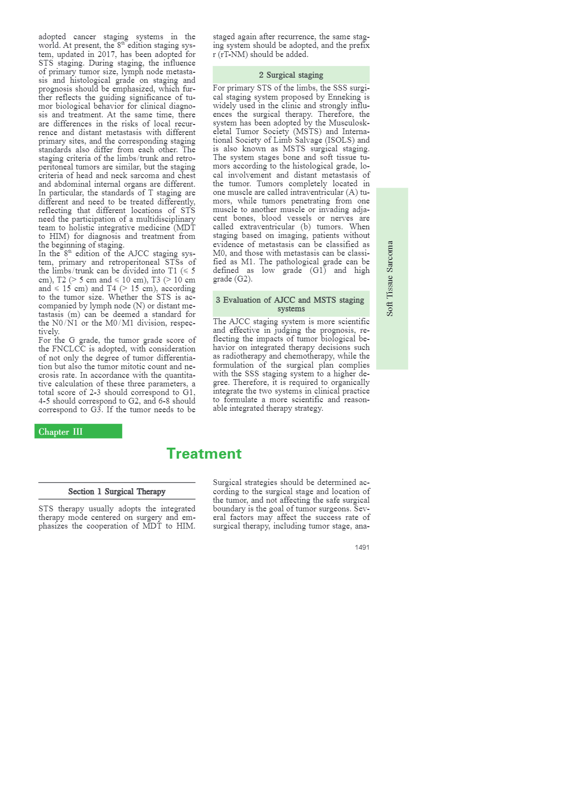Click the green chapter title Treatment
tap(204, 453)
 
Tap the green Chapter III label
tap(61, 431)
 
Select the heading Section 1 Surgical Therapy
tap(117, 491)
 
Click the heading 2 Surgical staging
tap(291, 75)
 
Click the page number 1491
tap(362, 547)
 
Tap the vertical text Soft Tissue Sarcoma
tap(390, 278)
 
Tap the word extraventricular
tap(267, 226)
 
